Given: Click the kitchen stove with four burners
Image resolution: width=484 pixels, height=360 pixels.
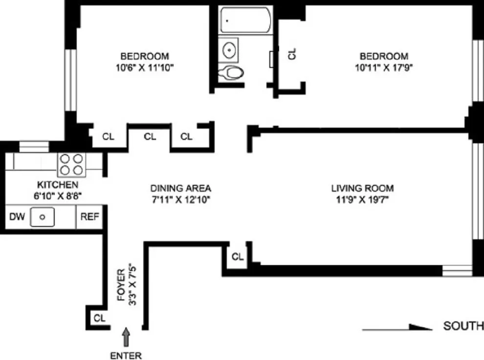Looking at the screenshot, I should tap(72, 164).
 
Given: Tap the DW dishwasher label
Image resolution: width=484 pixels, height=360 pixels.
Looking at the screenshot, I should tap(17, 216).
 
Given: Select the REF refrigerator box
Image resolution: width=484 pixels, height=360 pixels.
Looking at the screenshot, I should tap(89, 216).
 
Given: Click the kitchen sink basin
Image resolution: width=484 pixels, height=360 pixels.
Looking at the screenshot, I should tap(43, 217).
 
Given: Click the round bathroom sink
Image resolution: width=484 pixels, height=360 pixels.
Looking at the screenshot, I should tap(228, 49).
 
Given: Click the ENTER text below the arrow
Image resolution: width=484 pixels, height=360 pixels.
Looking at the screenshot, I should tap(126, 355).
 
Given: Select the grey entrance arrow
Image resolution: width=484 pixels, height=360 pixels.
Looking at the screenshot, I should tap(127, 337).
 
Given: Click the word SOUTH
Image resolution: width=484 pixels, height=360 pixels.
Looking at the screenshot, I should tap(463, 326).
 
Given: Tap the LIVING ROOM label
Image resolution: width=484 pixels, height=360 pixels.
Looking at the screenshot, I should tap(362, 188).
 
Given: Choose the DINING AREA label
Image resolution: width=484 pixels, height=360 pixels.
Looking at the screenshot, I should tap(180, 188).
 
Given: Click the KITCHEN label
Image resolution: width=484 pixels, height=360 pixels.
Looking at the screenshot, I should tap(58, 185).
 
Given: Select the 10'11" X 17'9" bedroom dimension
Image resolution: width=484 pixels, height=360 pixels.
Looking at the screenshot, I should tap(384, 68).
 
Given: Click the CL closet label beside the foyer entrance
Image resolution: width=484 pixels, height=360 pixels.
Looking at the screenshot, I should tap(100, 318).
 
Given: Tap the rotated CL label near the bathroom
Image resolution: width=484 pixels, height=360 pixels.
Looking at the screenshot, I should tap(292, 53).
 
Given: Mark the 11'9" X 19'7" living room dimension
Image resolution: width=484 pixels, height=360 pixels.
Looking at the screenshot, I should tap(362, 200).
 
